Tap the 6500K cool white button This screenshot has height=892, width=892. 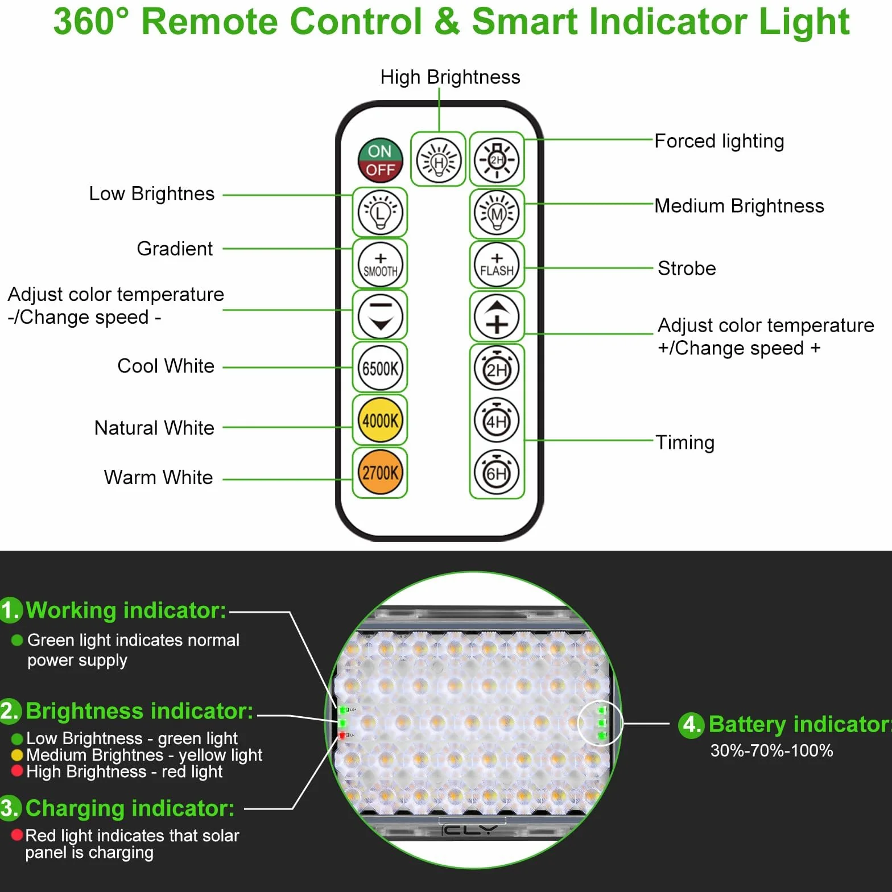(x=380, y=368)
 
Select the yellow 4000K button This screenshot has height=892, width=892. (x=380, y=420)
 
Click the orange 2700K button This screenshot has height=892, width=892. (x=380, y=473)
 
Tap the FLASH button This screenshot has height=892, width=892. (x=497, y=265)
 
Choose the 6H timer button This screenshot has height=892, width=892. (x=497, y=473)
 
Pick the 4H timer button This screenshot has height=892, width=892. (x=497, y=420)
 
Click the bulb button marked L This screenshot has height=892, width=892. (x=380, y=212)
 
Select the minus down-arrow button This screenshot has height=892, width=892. (x=380, y=316)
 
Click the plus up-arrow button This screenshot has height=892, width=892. (x=497, y=316)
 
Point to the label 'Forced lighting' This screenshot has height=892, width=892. (x=719, y=141)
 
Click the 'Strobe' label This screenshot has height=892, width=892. (x=687, y=268)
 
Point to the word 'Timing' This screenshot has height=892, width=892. (x=685, y=443)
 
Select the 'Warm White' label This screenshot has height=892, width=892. (x=158, y=477)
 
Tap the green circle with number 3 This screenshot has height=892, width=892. (x=10, y=808)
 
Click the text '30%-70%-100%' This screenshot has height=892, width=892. (x=771, y=750)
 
